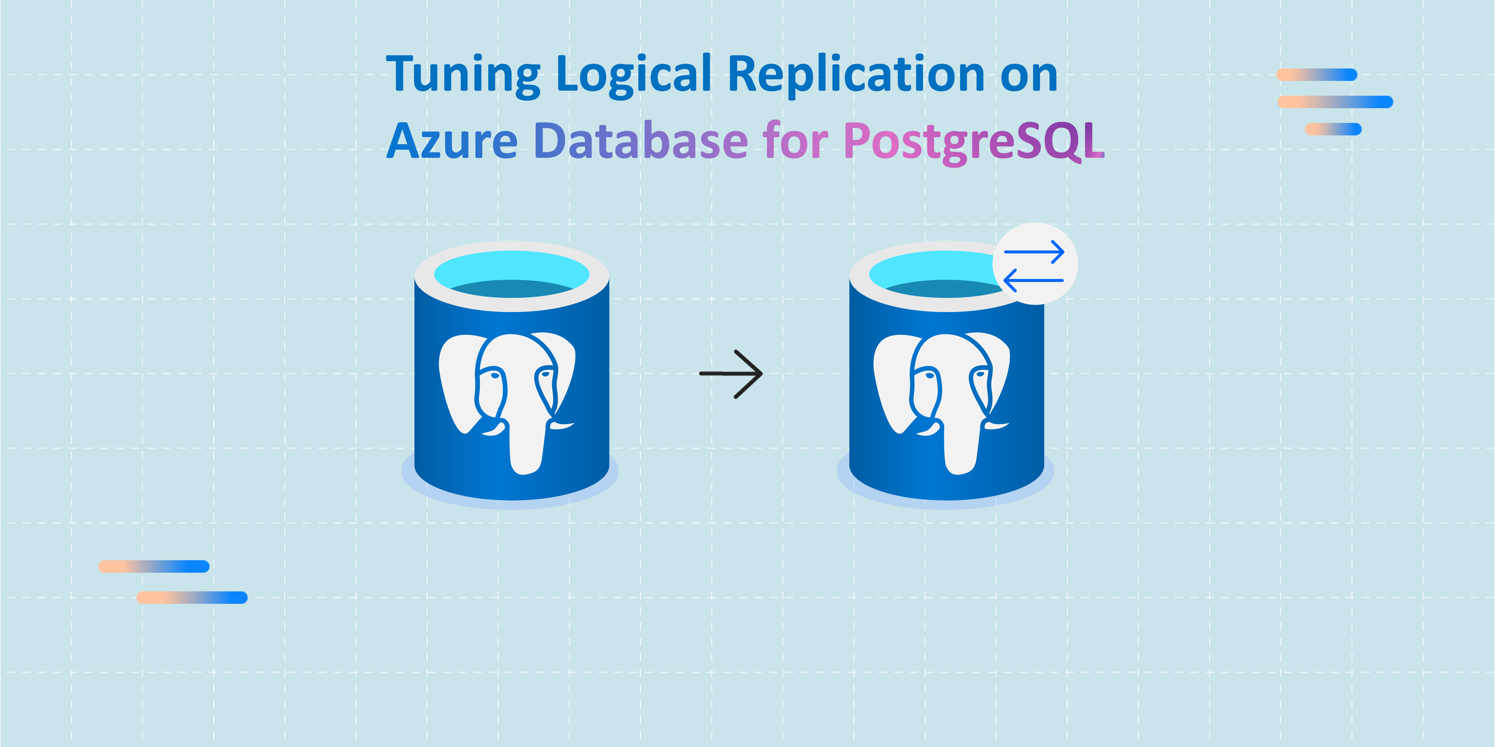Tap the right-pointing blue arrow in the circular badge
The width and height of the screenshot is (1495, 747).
click(1034, 252)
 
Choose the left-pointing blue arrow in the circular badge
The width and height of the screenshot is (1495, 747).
click(1033, 280)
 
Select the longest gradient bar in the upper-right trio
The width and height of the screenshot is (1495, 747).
click(1335, 102)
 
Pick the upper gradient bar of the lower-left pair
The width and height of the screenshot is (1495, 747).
click(154, 566)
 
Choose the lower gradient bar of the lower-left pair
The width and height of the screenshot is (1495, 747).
click(192, 597)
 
